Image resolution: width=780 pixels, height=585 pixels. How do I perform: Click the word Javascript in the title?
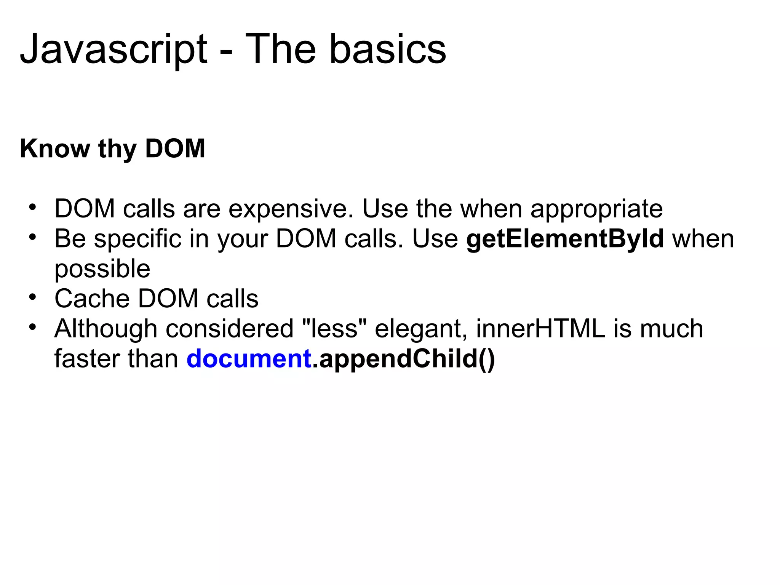click(x=113, y=50)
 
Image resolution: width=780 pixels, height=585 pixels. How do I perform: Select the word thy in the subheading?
click(x=117, y=149)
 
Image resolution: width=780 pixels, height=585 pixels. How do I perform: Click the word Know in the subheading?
click(x=54, y=149)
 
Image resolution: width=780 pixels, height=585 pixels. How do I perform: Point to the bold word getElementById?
click(x=565, y=239)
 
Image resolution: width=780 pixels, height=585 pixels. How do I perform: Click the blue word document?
click(x=249, y=359)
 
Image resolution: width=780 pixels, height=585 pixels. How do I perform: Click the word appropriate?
click(x=596, y=209)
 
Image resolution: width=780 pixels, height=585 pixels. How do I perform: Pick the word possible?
click(x=102, y=269)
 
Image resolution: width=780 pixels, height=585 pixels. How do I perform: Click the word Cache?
click(x=92, y=299)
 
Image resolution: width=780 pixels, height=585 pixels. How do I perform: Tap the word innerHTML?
click(x=540, y=329)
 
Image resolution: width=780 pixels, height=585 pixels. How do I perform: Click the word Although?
click(x=105, y=329)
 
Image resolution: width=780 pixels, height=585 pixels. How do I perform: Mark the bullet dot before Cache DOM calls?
click(x=33, y=297)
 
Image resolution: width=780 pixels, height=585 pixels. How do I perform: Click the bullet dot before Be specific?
click(x=33, y=237)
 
